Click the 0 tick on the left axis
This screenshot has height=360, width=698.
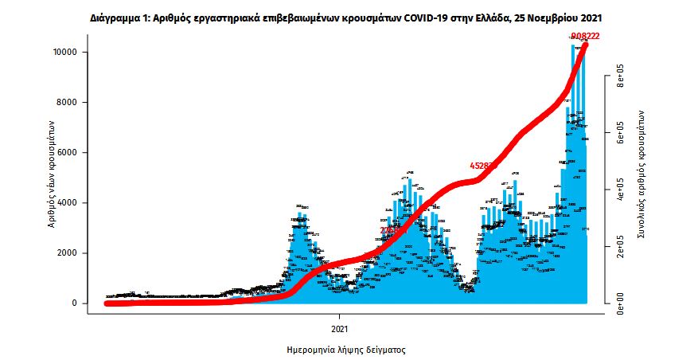tap(80, 303)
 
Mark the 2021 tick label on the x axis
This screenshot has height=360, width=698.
tap(340, 328)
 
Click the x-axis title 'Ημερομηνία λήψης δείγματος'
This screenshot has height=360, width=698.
tap(346, 350)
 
